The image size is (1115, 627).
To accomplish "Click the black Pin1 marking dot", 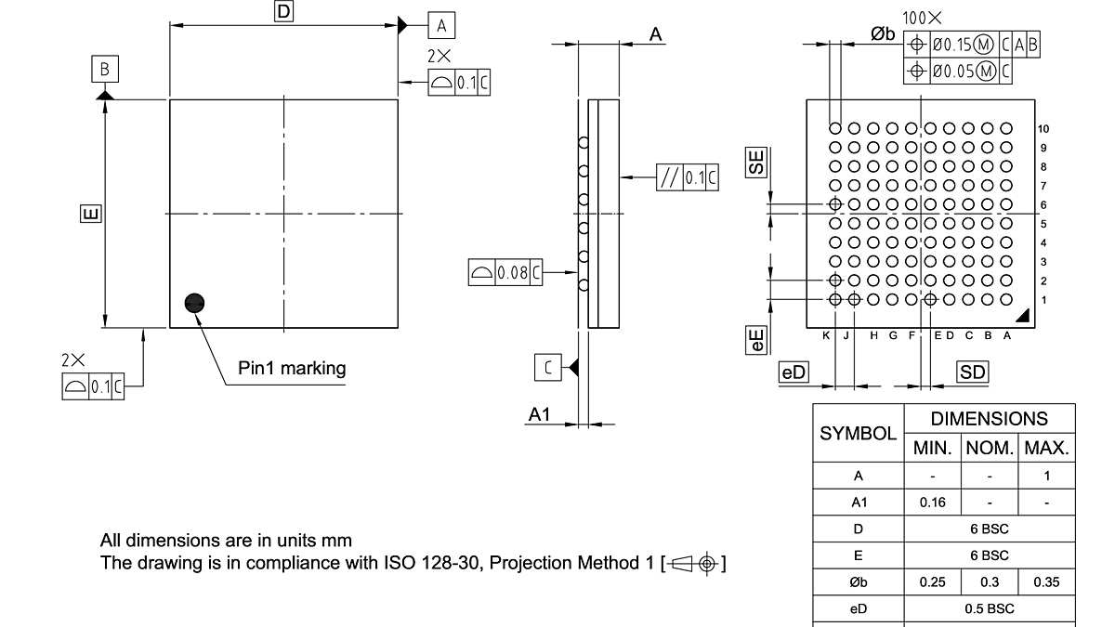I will pyautogui.click(x=194, y=303).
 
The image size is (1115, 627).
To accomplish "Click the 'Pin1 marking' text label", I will pyautogui.click(x=292, y=368).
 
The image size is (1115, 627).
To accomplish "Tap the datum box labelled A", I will pyautogui.click(x=441, y=24).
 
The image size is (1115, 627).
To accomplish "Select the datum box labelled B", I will pyautogui.click(x=105, y=69).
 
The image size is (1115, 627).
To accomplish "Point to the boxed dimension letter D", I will pyautogui.click(x=283, y=11).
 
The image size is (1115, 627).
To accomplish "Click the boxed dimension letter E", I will pyautogui.click(x=90, y=215).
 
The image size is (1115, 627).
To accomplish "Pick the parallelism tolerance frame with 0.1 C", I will pyautogui.click(x=688, y=176).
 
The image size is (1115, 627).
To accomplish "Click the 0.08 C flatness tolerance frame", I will pyautogui.click(x=505, y=272).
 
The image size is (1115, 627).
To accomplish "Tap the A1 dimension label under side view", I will pyautogui.click(x=540, y=414).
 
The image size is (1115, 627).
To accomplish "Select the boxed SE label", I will pyautogui.click(x=757, y=162).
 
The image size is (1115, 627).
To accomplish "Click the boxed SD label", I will pyautogui.click(x=973, y=372).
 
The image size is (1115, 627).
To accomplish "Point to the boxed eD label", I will pyautogui.click(x=794, y=372).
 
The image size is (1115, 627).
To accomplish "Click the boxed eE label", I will pyautogui.click(x=757, y=340).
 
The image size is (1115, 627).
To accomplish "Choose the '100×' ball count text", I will pyautogui.click(x=922, y=18).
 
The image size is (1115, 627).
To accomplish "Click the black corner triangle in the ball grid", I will pyautogui.click(x=1022, y=316).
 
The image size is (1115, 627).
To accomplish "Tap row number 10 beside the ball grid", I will pyautogui.click(x=1044, y=128).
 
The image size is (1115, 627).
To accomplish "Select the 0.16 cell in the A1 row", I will pyautogui.click(x=933, y=503).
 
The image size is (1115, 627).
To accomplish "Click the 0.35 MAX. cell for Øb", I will pyautogui.click(x=1046, y=582).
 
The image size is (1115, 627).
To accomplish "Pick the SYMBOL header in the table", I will pyautogui.click(x=858, y=433).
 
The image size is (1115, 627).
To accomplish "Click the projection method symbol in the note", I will pyautogui.click(x=697, y=563).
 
